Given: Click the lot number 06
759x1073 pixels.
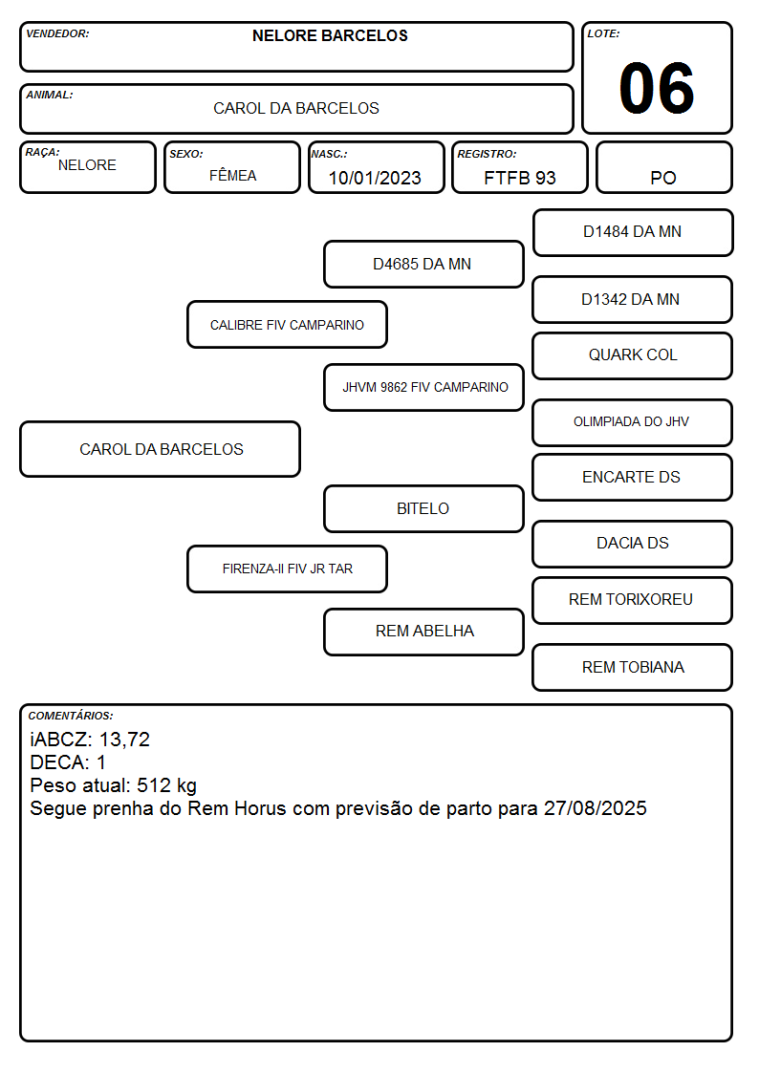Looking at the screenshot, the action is [x=657, y=88].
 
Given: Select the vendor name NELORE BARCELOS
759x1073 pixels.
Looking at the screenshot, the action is [x=330, y=35].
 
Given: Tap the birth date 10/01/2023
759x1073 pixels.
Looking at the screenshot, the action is [x=375, y=178].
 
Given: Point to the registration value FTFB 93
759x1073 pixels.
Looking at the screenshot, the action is [x=519, y=178].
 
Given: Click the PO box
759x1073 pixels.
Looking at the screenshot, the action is [x=663, y=167].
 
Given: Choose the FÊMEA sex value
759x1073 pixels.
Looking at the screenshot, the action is [x=232, y=175].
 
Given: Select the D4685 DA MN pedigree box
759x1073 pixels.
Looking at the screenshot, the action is [x=423, y=264].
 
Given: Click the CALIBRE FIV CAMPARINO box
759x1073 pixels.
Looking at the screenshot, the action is [x=288, y=324].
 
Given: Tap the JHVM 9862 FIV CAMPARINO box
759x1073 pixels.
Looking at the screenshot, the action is [x=423, y=387].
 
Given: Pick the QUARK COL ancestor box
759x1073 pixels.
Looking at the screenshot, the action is [x=633, y=355].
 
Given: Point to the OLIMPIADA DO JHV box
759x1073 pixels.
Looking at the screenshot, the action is [x=633, y=422].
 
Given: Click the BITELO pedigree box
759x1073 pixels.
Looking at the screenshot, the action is [x=423, y=508].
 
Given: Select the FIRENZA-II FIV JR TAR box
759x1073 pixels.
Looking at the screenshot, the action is [x=288, y=569].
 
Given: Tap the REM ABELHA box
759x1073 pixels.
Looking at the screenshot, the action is [x=423, y=632].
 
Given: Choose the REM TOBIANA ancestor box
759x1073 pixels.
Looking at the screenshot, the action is [x=633, y=667].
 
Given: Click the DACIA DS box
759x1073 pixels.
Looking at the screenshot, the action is [x=633, y=544].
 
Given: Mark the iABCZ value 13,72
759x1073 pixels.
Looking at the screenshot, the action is [x=124, y=740].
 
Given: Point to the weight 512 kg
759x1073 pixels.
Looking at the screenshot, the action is [x=167, y=785].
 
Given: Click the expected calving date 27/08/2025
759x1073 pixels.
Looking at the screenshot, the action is [x=596, y=808].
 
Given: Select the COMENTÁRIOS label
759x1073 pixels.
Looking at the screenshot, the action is [x=71, y=716].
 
